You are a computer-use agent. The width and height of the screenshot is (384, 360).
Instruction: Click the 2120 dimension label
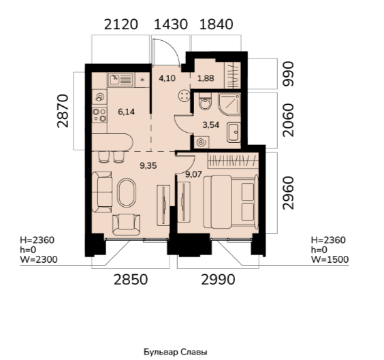[121, 24]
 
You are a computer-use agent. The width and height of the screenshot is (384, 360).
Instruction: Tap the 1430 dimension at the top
[171, 24]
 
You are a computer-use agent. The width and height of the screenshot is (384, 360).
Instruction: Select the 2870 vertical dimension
[63, 111]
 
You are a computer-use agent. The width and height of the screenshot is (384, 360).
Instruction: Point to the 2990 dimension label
[218, 280]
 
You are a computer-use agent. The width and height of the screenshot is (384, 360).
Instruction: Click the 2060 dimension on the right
[288, 120]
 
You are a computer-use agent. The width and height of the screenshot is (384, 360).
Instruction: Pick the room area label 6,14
[127, 112]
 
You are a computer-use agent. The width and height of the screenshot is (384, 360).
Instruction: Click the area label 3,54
[211, 125]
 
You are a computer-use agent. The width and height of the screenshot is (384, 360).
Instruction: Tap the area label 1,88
[206, 78]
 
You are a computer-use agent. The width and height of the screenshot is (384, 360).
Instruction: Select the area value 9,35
[148, 166]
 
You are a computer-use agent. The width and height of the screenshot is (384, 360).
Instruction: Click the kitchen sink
[121, 80]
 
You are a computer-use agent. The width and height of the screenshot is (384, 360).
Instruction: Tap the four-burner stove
[99, 115]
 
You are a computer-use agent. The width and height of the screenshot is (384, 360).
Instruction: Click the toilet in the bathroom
[205, 101]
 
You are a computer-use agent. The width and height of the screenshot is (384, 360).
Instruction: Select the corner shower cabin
[229, 105]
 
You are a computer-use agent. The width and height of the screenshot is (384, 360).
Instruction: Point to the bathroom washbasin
[234, 133]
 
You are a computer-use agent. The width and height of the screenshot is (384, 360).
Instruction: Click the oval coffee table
[127, 193]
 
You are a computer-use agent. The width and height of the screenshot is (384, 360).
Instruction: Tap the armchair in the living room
[127, 225]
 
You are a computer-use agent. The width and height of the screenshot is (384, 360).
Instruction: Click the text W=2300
[39, 260]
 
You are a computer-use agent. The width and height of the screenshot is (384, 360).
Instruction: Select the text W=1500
[330, 260]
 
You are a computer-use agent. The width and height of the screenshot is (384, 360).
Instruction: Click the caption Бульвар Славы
[176, 352]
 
